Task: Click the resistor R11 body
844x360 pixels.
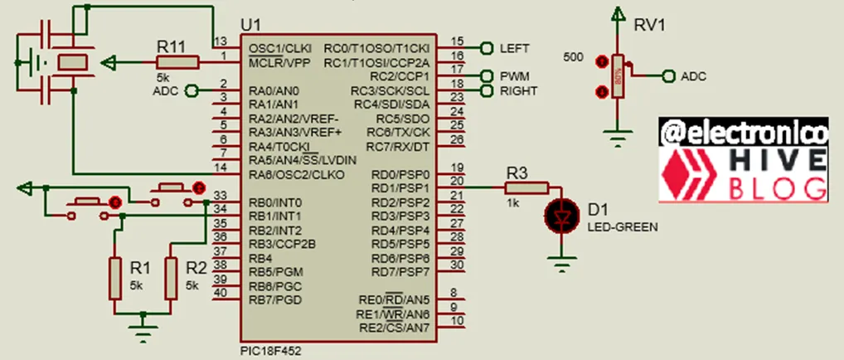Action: point(176,61)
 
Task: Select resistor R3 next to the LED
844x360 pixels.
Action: point(526,188)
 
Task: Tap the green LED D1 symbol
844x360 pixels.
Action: point(562,217)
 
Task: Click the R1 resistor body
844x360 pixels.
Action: point(116,278)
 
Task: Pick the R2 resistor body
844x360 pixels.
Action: point(172,278)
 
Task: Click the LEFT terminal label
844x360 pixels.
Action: point(514,48)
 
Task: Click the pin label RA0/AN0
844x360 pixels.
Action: point(274,90)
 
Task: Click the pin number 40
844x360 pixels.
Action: point(220,293)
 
